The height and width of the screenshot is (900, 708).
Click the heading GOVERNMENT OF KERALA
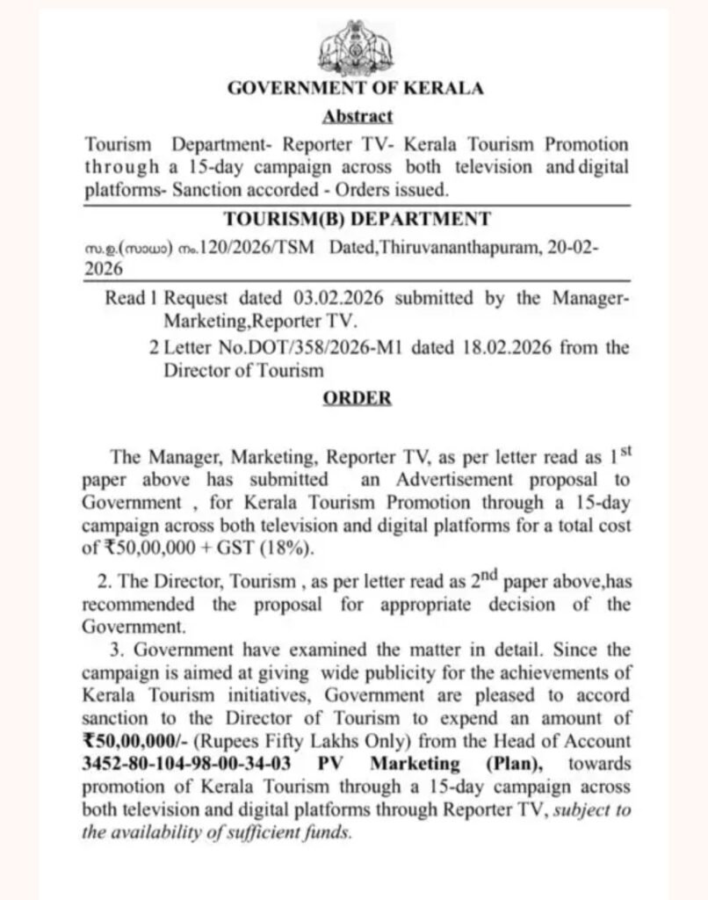[356, 88]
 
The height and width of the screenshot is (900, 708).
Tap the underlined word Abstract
[357, 115]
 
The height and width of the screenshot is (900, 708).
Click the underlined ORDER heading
[357, 398]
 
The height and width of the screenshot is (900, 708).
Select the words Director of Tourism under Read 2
[243, 370]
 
